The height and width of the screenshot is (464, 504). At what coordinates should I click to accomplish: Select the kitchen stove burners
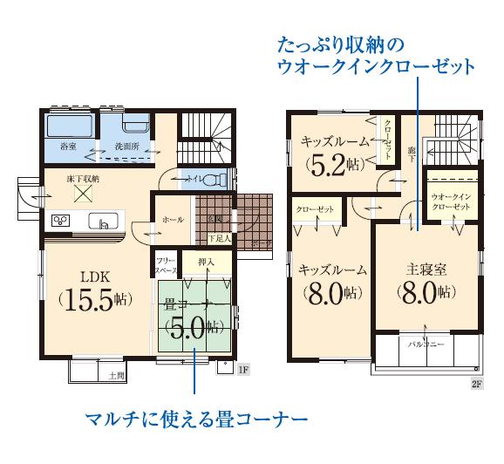[62, 220]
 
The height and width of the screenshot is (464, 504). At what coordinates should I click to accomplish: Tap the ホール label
[173, 220]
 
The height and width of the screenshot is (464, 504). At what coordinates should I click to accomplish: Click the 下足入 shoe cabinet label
[220, 237]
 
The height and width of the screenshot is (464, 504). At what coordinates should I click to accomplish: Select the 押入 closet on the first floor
[207, 261]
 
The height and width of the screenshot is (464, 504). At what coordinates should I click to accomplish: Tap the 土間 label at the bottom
[116, 375]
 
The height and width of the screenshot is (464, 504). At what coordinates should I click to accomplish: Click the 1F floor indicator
[245, 370]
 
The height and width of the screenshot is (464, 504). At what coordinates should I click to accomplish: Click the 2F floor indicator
[476, 383]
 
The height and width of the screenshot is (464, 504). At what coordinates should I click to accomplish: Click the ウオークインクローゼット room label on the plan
[451, 203]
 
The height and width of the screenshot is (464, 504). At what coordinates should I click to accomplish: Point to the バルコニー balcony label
[426, 345]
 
